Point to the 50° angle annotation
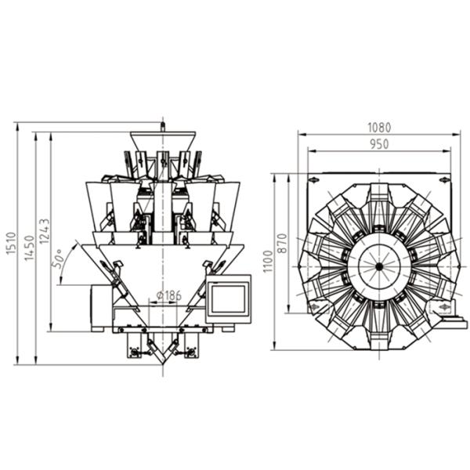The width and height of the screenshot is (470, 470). [58, 259]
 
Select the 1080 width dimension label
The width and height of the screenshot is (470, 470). [378, 127]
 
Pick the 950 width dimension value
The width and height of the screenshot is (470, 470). [378, 144]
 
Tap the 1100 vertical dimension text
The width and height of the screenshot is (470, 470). [269, 263]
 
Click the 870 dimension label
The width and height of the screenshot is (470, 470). [283, 242]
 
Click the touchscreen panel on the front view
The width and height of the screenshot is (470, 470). [228, 298]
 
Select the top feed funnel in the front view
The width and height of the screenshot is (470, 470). [162, 141]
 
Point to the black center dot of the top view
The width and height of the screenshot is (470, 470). [378, 266]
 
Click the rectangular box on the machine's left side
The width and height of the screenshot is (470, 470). [101, 305]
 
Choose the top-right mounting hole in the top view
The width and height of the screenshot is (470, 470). [444, 180]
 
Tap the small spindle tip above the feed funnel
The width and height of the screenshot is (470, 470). [162, 124]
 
